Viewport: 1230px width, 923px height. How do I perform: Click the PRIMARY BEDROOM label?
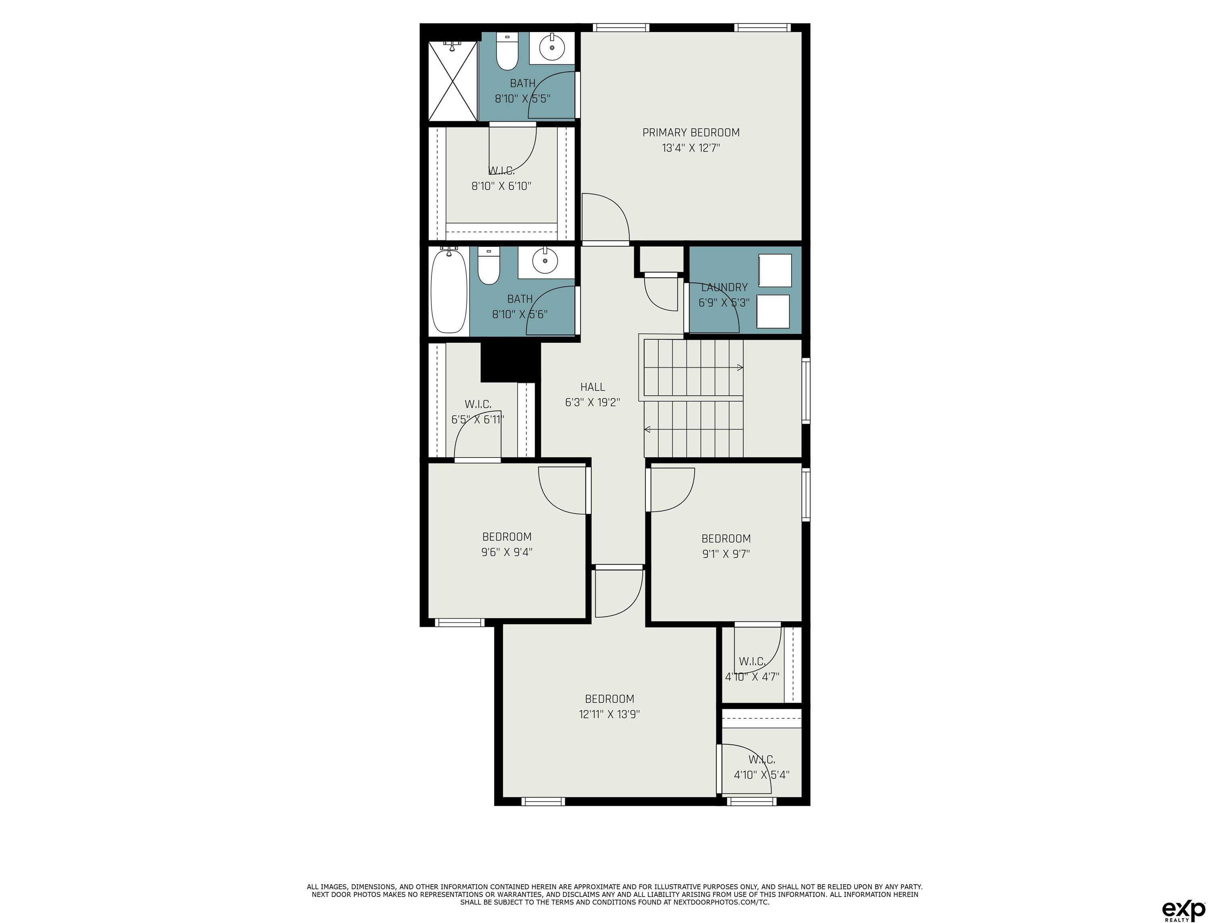point(691,133)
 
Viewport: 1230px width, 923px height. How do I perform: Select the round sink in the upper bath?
point(552,48)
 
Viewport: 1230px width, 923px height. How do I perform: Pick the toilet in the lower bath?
point(489,266)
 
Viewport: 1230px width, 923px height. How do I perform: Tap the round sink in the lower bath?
point(545,260)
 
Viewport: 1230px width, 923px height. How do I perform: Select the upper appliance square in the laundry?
point(775,271)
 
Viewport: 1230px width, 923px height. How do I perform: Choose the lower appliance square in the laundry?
point(773,312)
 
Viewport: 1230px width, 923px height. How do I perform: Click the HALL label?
point(593,387)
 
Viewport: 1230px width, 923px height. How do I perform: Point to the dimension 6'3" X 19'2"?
point(593,402)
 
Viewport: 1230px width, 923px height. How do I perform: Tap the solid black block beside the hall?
point(510,362)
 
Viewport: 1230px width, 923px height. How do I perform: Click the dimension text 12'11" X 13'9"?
point(609,714)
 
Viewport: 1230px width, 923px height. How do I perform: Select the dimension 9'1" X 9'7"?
point(726,554)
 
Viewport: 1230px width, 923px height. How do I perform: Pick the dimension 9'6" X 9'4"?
point(506,552)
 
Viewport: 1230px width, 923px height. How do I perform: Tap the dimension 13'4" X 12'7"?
point(691,148)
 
